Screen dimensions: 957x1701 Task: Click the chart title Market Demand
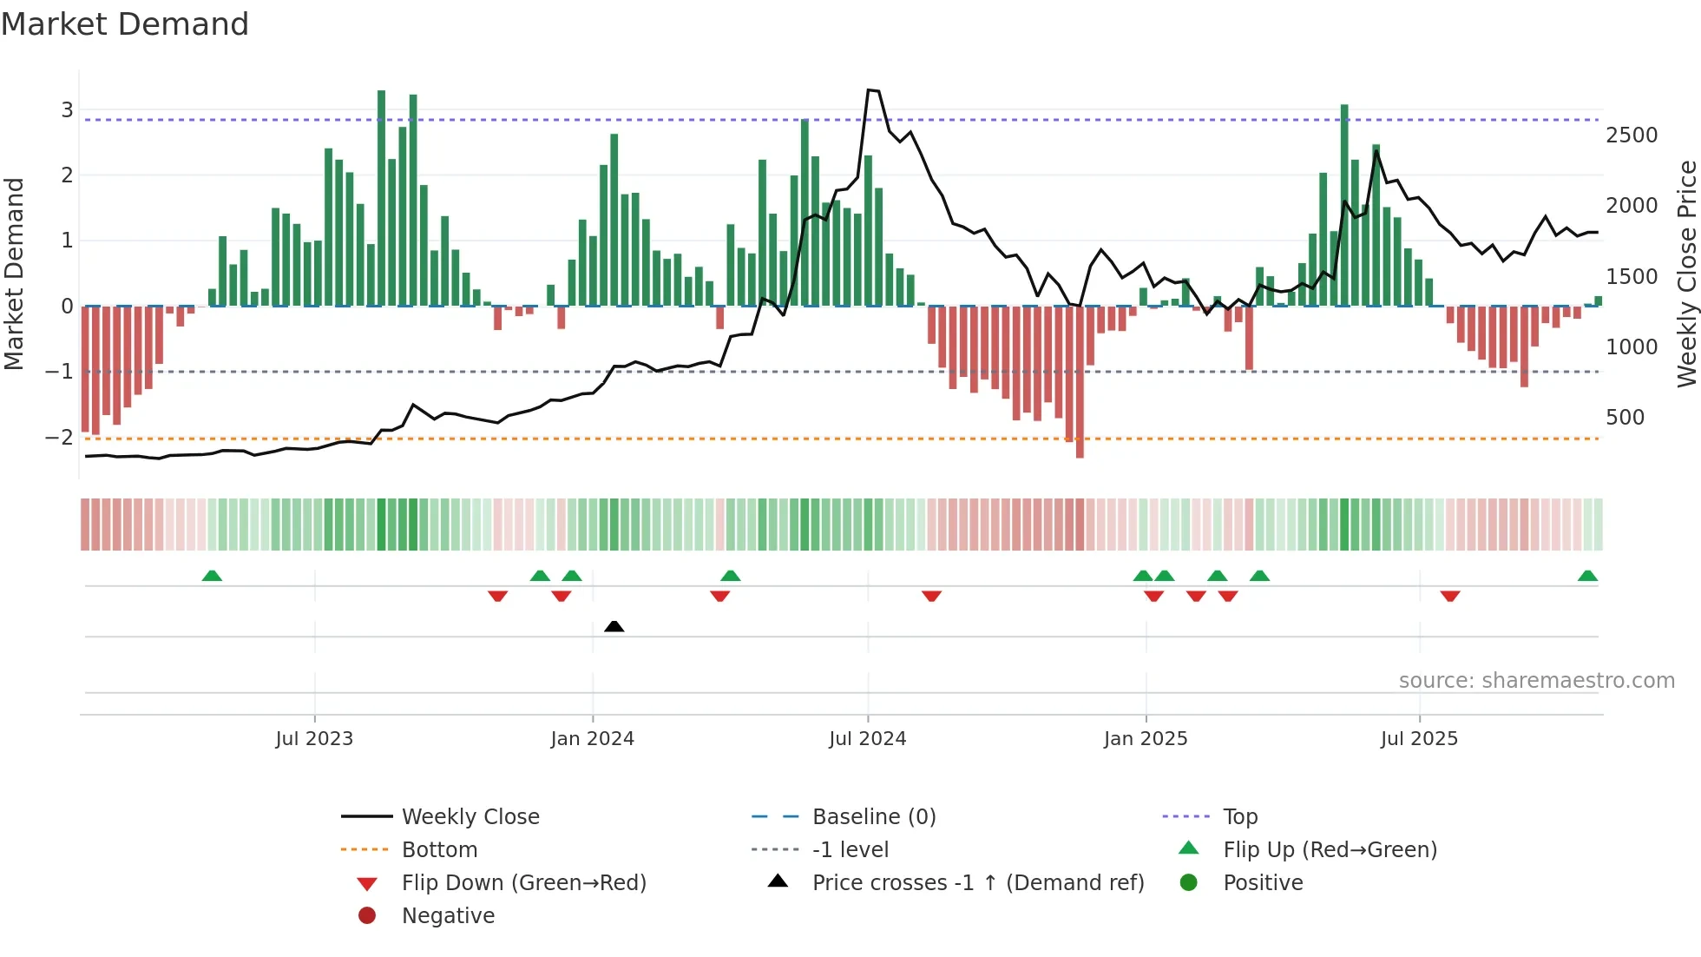(125, 24)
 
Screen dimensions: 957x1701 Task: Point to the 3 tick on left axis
(67, 110)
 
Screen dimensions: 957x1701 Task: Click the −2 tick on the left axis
(59, 437)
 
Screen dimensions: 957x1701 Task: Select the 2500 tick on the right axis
(1632, 135)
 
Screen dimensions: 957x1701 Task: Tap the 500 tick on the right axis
(1625, 418)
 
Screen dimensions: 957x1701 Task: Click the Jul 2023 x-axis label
(314, 739)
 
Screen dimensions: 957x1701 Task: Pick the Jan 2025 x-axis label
(1146, 739)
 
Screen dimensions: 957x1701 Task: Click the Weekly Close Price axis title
(1686, 274)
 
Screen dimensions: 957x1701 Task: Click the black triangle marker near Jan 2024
(614, 626)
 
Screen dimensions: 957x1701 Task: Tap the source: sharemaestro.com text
(1536, 681)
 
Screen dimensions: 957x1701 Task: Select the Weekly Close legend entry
(470, 817)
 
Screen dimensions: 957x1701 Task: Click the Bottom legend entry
(439, 850)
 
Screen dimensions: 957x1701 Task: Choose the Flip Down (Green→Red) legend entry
(523, 883)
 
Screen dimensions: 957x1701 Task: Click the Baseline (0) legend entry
(873, 817)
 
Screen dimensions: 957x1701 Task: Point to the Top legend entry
(1240, 817)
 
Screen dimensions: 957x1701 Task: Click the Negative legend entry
(448, 916)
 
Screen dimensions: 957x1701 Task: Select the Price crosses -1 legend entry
(977, 883)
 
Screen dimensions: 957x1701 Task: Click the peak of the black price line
(870, 90)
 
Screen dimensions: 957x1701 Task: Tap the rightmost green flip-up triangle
(1587, 576)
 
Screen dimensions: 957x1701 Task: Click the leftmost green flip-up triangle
(212, 576)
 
